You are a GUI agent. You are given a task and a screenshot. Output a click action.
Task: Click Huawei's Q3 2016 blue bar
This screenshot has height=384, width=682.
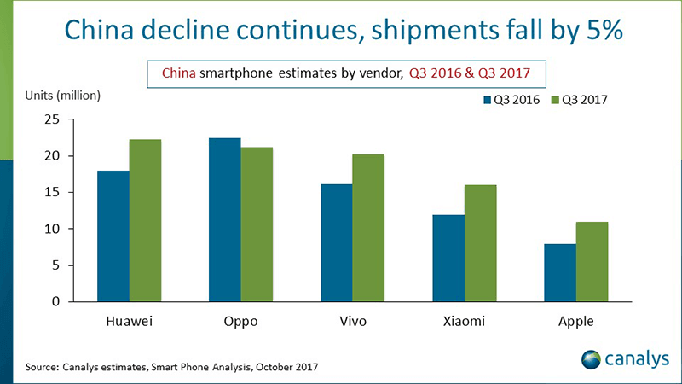113,236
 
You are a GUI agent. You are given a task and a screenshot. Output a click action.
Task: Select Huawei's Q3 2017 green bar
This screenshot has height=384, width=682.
145,220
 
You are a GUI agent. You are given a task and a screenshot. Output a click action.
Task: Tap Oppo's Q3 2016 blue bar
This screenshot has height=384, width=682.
224,219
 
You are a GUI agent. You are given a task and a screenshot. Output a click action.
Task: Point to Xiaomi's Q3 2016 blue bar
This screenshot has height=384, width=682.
448,259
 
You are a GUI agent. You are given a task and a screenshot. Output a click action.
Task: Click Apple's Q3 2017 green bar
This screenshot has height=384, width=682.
592,262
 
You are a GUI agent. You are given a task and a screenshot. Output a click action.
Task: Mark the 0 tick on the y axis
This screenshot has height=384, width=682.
55,302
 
